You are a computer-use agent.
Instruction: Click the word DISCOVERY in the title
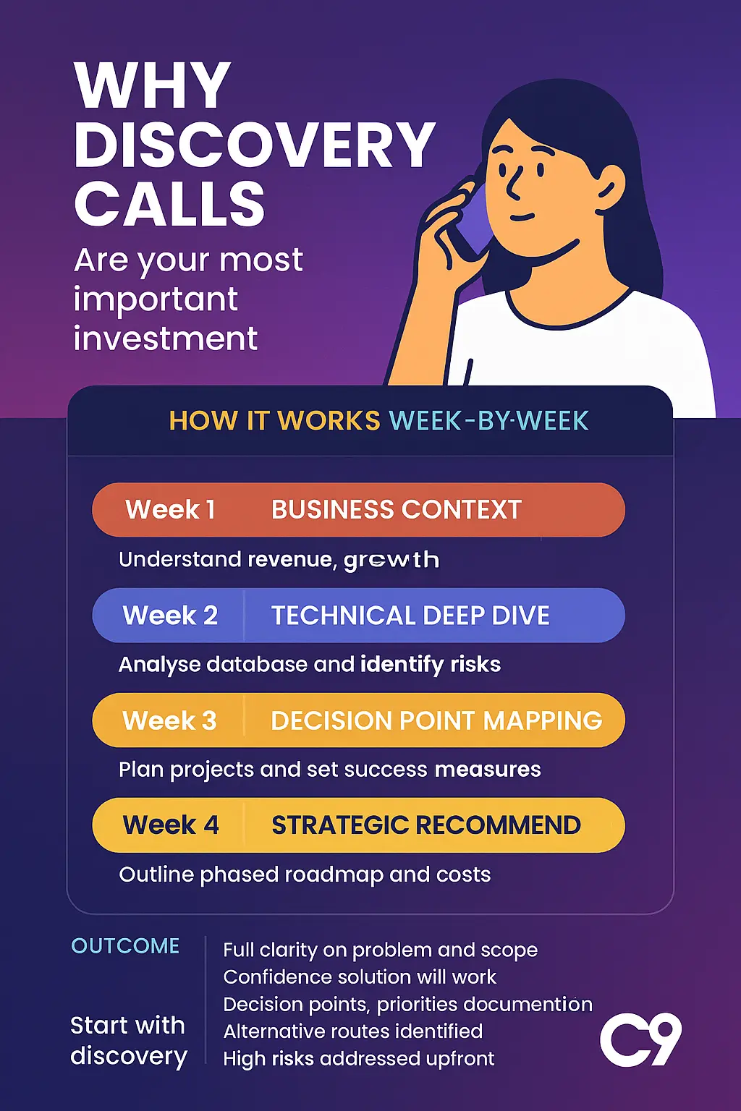click(x=254, y=145)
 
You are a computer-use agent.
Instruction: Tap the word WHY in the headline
click(x=153, y=85)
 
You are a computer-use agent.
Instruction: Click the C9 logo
click(x=640, y=1040)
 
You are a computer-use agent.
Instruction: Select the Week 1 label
click(x=171, y=510)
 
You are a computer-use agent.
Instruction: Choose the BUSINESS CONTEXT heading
click(x=396, y=510)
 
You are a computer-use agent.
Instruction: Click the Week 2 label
click(x=170, y=616)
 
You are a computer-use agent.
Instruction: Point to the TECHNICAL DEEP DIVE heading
click(x=410, y=616)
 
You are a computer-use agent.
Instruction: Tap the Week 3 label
click(x=169, y=720)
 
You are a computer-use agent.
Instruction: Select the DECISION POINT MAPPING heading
click(x=436, y=720)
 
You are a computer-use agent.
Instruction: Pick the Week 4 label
click(x=171, y=825)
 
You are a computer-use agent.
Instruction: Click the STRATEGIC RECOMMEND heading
click(x=426, y=825)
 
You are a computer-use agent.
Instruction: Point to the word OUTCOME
click(x=125, y=946)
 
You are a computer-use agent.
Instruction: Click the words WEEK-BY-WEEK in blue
click(x=489, y=420)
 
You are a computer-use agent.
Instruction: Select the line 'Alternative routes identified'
click(x=352, y=1031)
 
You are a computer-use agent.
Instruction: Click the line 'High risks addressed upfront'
click(x=358, y=1059)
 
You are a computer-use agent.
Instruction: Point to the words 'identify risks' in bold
click(x=431, y=664)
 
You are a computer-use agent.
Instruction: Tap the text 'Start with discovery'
click(x=129, y=1041)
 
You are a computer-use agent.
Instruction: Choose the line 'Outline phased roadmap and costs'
click(x=305, y=874)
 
